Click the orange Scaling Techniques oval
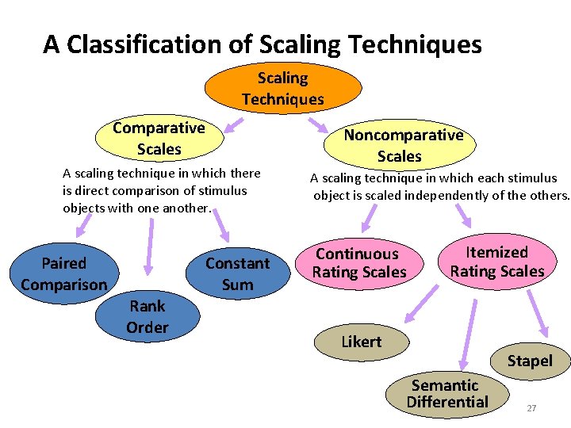[x=282, y=89]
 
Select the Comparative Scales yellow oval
[x=159, y=138]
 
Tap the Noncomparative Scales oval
[x=403, y=145]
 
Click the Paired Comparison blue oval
[x=63, y=273]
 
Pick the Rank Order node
[x=148, y=316]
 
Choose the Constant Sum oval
[x=237, y=273]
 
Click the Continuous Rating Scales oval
[x=359, y=263]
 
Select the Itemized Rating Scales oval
[x=496, y=262]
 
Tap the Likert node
[x=362, y=342]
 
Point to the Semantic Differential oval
[x=447, y=393]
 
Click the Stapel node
[x=530, y=361]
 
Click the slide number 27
[x=531, y=408]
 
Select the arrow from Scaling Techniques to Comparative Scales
[x=231, y=126]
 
